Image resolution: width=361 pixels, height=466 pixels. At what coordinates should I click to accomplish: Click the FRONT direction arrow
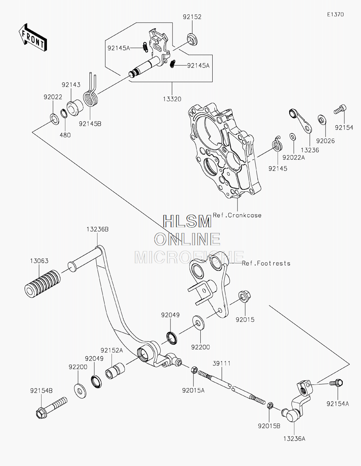[x=33, y=37]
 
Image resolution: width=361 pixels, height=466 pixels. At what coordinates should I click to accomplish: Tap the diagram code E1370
[x=335, y=14]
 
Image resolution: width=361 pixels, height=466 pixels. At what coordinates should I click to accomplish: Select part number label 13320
[x=172, y=99]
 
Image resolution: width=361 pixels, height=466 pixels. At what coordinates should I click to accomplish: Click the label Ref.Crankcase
[x=237, y=215]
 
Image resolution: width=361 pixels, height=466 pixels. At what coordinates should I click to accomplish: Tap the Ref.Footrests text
[x=266, y=263]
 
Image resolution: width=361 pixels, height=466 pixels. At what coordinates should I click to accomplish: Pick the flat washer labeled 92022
[x=54, y=119]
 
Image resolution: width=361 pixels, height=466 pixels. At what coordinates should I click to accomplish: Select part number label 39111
[x=222, y=363]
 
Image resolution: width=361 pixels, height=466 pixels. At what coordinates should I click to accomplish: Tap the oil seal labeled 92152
[x=192, y=39]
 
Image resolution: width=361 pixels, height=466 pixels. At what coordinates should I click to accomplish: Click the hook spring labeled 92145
[x=277, y=144]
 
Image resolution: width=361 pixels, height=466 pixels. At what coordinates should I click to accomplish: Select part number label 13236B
[x=97, y=229]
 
